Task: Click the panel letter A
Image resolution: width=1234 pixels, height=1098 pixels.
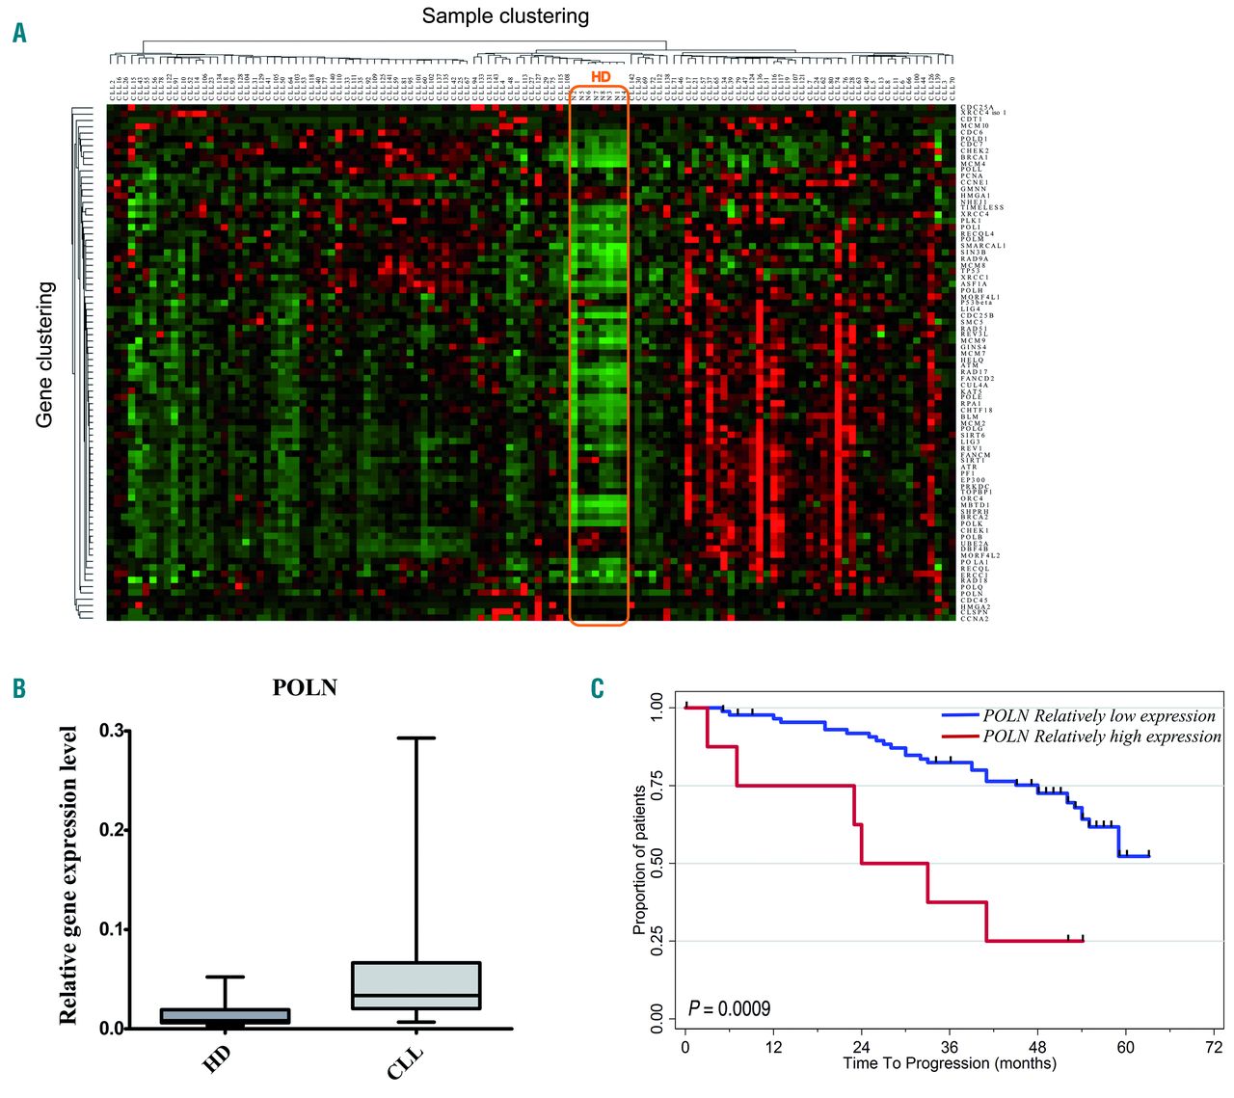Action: [19, 34]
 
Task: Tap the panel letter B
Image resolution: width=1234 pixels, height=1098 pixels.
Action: [19, 687]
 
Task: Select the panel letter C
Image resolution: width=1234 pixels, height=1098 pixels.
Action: [598, 687]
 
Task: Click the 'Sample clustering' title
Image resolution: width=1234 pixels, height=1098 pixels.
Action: [505, 16]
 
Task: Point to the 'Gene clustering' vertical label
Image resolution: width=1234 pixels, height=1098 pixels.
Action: [45, 355]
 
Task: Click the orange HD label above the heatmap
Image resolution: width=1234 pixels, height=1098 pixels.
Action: [601, 77]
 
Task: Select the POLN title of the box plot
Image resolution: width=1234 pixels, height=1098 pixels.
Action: [305, 687]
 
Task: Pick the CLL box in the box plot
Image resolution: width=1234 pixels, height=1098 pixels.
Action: [416, 985]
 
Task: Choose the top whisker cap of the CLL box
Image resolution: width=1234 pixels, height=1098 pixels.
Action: [416, 738]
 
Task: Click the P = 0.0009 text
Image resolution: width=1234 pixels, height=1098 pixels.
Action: [730, 1008]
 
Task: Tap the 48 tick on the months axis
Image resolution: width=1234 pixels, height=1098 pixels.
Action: [1037, 1048]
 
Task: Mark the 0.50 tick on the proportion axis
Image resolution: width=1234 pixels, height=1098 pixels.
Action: [657, 863]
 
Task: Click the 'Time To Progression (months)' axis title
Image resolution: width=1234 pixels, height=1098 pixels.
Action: [950, 1064]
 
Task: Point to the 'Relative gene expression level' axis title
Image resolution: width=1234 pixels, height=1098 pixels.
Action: [67, 875]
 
